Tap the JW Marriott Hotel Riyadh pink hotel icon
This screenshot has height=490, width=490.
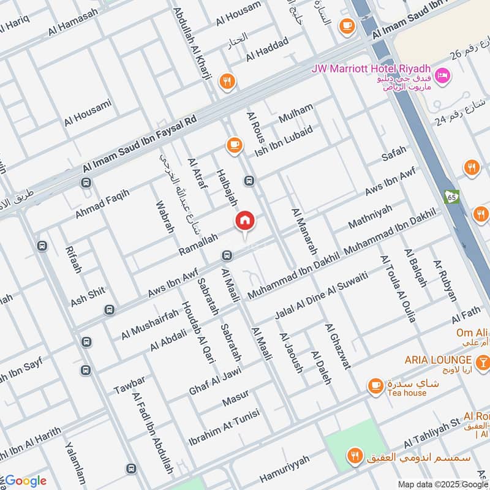pos(443,76)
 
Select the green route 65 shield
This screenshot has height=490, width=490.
pos(452,197)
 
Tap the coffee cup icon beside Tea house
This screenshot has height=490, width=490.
pos(375,386)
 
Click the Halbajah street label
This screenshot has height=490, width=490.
pos(226,187)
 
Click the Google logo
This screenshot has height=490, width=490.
pos(24,480)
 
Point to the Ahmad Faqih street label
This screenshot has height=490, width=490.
pos(102,205)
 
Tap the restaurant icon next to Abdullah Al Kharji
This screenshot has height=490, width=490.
pos(227,81)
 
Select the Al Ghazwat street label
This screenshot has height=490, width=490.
pos(338,346)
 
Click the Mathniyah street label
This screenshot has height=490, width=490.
pos(369,217)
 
